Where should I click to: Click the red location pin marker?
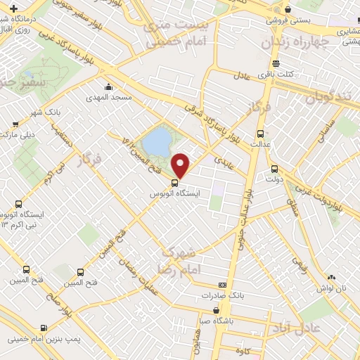click(181, 165)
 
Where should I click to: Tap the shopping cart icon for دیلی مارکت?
click(13, 122)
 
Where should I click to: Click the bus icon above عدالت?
click(260, 134)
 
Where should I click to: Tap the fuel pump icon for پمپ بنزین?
click(44, 327)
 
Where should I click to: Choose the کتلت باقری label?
click(274, 73)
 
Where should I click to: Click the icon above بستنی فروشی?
click(288, 9)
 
